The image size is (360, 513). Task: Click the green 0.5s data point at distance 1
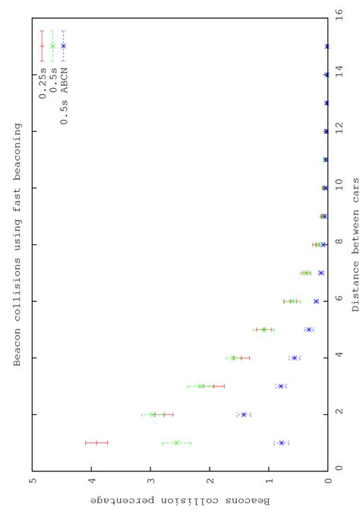(176, 442)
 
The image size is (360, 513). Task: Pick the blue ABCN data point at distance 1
(282, 442)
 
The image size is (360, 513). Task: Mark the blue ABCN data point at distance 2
(244, 414)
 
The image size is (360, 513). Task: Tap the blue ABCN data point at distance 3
(281, 386)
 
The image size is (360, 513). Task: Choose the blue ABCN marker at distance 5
(309, 329)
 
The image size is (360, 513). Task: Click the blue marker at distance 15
(327, 46)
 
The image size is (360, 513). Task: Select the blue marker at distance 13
(327, 103)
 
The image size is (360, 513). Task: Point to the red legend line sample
(42, 46)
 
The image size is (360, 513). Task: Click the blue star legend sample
(64, 46)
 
